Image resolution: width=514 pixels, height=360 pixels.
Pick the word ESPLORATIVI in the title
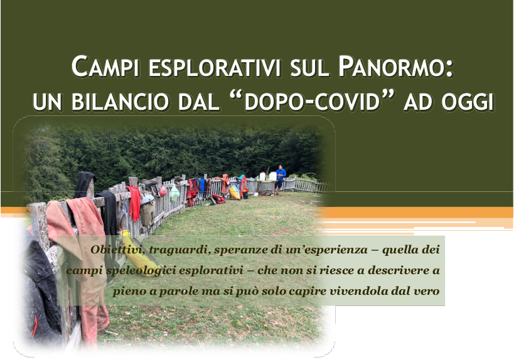point(215,68)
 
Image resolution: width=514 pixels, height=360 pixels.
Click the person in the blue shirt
point(280,179)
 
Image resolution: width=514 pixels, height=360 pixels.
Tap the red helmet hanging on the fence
point(163,191)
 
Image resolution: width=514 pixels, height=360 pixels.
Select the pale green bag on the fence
point(174,194)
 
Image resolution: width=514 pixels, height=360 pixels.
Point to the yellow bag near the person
point(234,193)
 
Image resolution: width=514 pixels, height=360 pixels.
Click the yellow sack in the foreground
point(139,254)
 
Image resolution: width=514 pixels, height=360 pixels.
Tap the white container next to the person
point(273,176)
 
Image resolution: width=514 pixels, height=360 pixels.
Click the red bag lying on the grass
point(218,199)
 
